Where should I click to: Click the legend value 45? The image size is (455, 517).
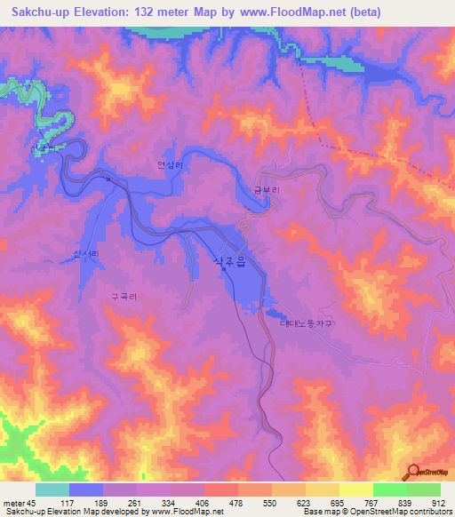pos(33,502)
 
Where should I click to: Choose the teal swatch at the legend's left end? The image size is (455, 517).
pos(52,489)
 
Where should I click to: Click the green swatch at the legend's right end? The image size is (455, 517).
pos(423,489)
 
